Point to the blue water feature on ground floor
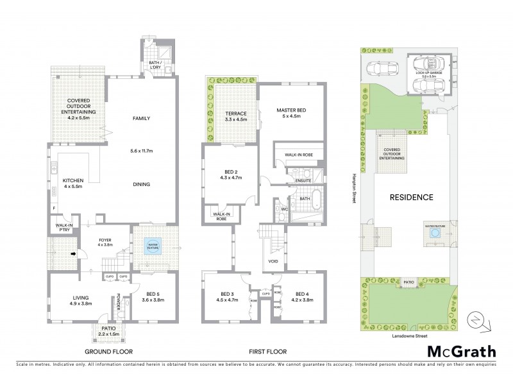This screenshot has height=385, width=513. pyautogui.click(x=153, y=248)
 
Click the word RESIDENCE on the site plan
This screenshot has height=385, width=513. pyautogui.click(x=411, y=197)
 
